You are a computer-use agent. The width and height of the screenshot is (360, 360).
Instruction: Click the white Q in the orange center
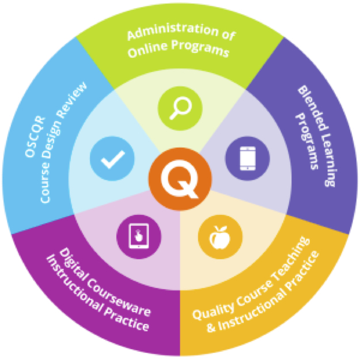(180, 179)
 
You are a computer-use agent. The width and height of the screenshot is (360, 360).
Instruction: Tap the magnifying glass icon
(180, 108)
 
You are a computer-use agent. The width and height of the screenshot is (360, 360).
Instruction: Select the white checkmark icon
(113, 160)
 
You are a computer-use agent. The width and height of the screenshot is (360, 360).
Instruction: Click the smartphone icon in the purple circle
(248, 158)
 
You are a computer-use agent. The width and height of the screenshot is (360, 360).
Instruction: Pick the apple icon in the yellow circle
(219, 237)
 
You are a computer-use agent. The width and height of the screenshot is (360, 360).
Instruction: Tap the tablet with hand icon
(139, 236)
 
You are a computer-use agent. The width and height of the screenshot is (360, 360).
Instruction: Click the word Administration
(173, 31)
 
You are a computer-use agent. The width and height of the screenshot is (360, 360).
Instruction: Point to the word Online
(147, 50)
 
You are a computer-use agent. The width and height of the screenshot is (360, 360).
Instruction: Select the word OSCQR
(35, 137)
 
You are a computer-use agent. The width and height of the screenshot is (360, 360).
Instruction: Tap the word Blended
(313, 108)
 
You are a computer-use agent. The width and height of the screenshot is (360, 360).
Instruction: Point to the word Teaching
(291, 257)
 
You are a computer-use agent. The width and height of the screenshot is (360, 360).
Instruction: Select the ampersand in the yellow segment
(211, 328)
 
